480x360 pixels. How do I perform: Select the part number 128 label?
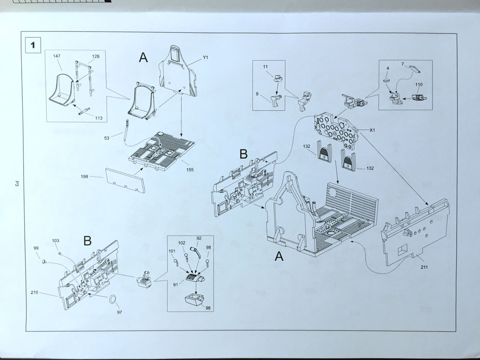tap(96, 57)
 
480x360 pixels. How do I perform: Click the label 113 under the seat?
tap(98, 118)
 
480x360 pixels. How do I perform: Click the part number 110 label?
tap(418, 85)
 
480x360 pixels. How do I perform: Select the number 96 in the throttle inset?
tap(208, 307)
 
